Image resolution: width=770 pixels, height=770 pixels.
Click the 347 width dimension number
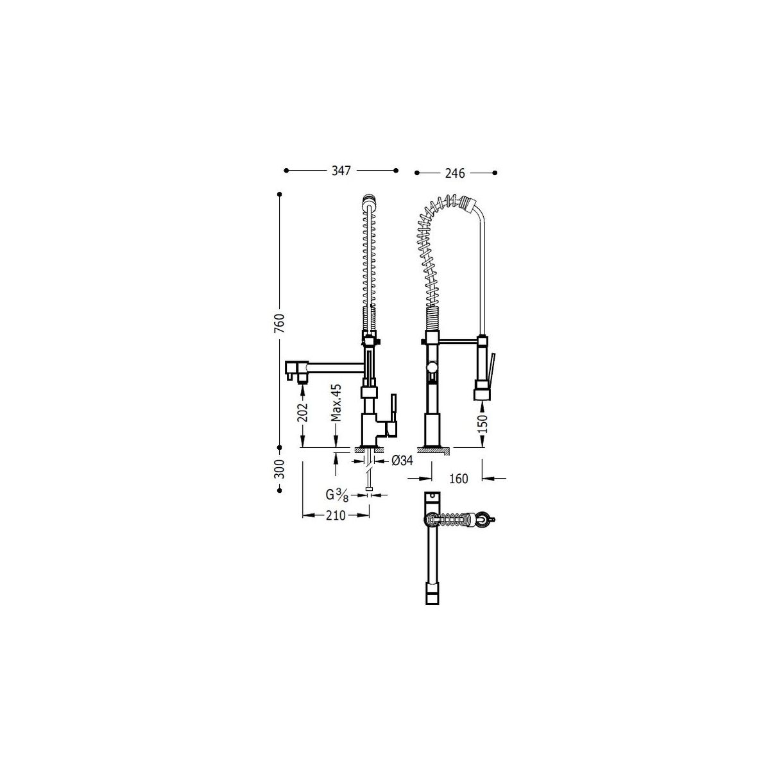click(341, 171)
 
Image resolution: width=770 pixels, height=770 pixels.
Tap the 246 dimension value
click(455, 173)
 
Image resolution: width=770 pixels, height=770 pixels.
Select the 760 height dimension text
click(280, 323)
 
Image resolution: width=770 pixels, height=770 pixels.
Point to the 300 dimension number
click(280, 468)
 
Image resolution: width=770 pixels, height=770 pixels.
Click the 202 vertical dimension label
click(304, 412)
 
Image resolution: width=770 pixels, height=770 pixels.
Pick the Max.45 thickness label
click(336, 403)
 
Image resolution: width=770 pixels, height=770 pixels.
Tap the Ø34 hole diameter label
click(402, 461)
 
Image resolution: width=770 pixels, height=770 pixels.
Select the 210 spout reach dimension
click(336, 515)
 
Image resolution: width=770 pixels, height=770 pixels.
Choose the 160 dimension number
click(458, 478)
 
